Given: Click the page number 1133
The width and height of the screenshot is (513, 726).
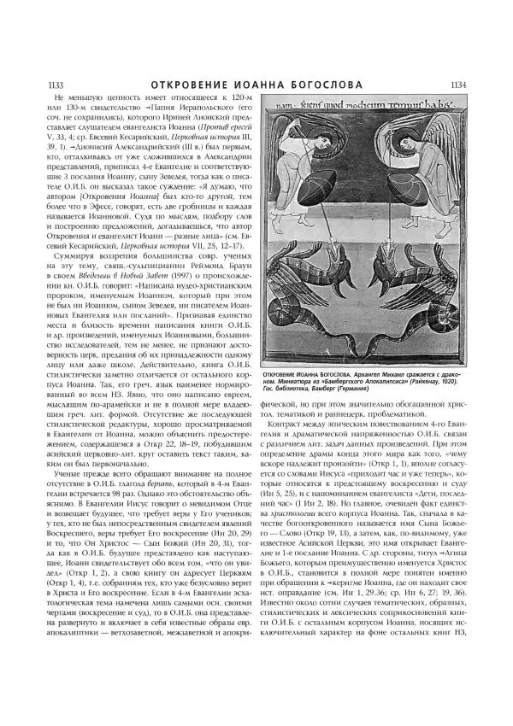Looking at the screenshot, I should [x=40, y=85].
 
